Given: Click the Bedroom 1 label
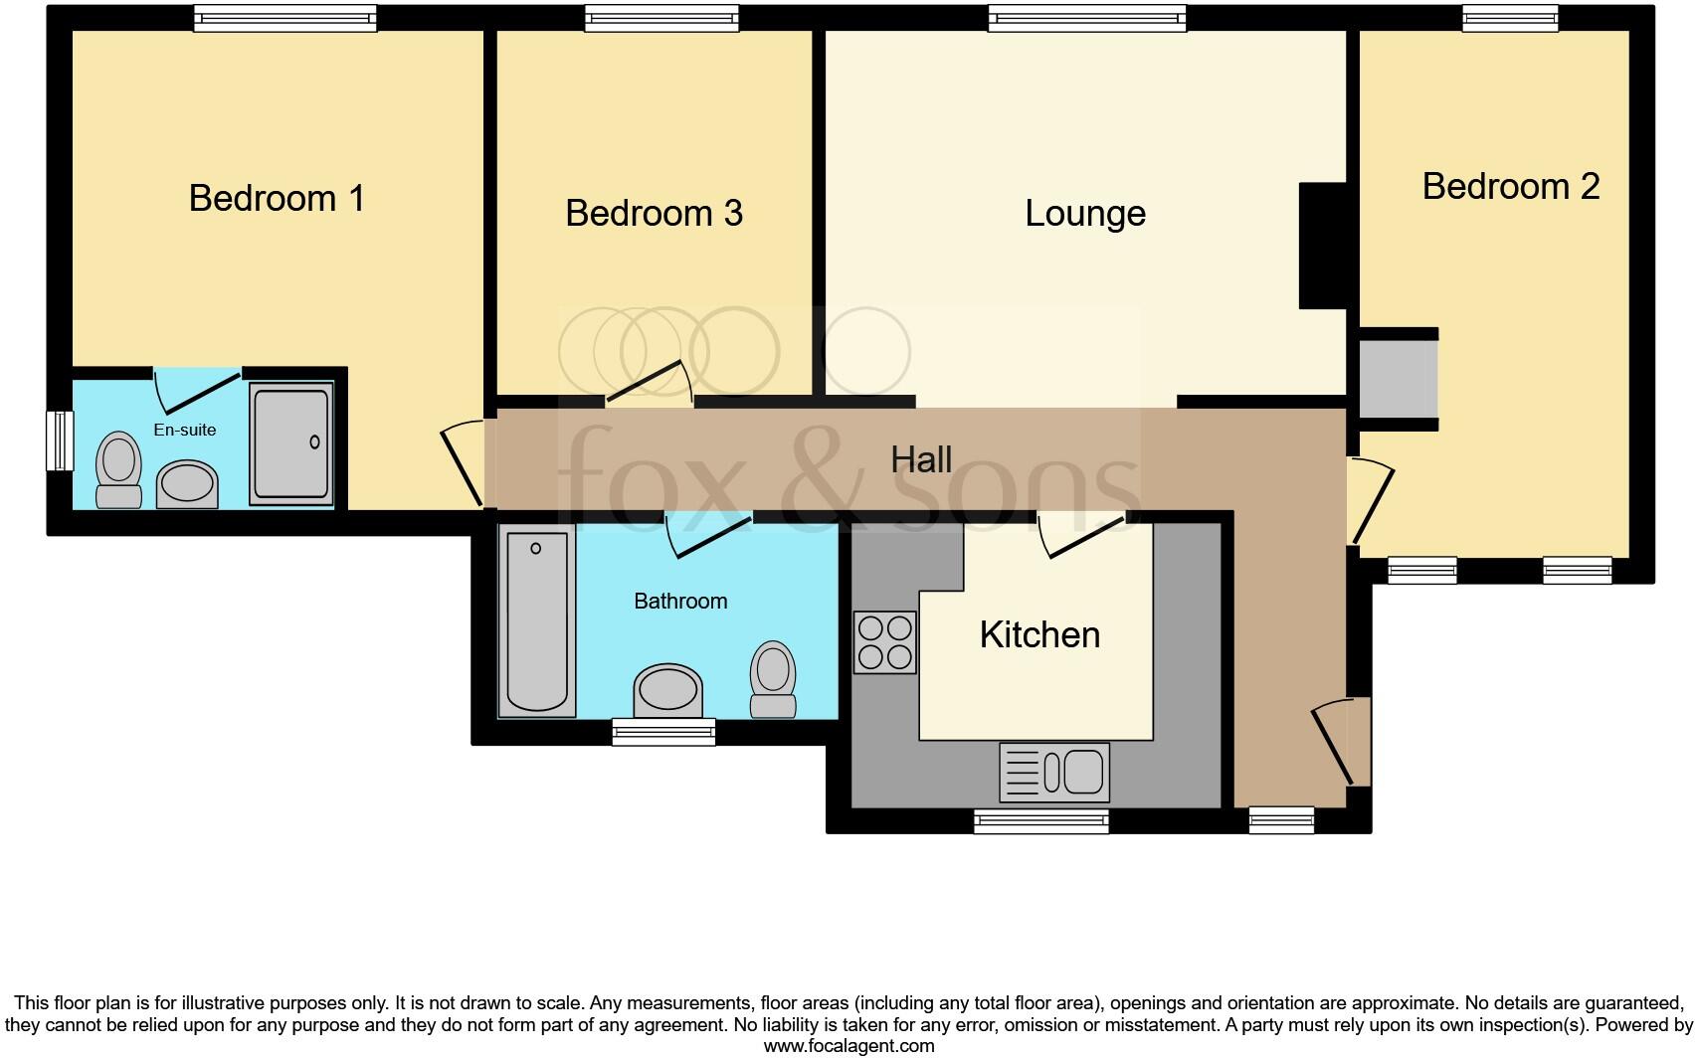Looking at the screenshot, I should (277, 198).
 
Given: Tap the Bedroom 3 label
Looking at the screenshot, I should (654, 213).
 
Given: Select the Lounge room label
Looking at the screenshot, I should (1085, 213).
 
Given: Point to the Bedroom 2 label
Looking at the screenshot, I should (1510, 186).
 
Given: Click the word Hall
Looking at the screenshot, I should (921, 459).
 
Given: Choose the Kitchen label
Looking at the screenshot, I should (1039, 634).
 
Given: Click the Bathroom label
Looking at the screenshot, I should (680, 601).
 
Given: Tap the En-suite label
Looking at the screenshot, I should (184, 430).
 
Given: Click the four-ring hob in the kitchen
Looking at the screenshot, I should (885, 641).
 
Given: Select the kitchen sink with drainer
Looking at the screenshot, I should (1054, 773).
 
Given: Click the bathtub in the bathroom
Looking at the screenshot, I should (536, 622).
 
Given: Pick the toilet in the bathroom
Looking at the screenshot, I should (773, 679).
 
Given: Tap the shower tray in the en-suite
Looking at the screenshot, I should (290, 443).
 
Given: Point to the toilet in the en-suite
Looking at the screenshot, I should (118, 469).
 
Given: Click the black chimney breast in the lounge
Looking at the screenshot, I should (1322, 246).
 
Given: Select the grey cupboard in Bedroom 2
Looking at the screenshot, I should (1398, 379).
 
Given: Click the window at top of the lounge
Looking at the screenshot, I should (1086, 18).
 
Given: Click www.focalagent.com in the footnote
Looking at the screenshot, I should (848, 1046).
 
